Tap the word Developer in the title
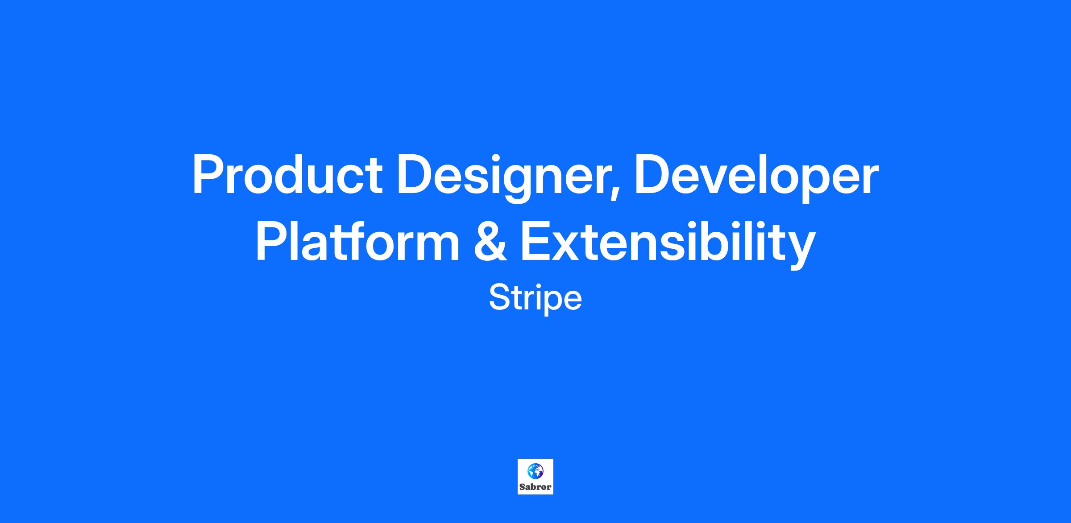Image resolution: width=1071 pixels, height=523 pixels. pos(756,179)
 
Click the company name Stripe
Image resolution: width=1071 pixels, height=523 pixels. pos(535,298)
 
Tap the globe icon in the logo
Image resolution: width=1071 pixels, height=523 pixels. pos(535,470)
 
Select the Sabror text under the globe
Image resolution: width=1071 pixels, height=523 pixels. pos(535,487)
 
